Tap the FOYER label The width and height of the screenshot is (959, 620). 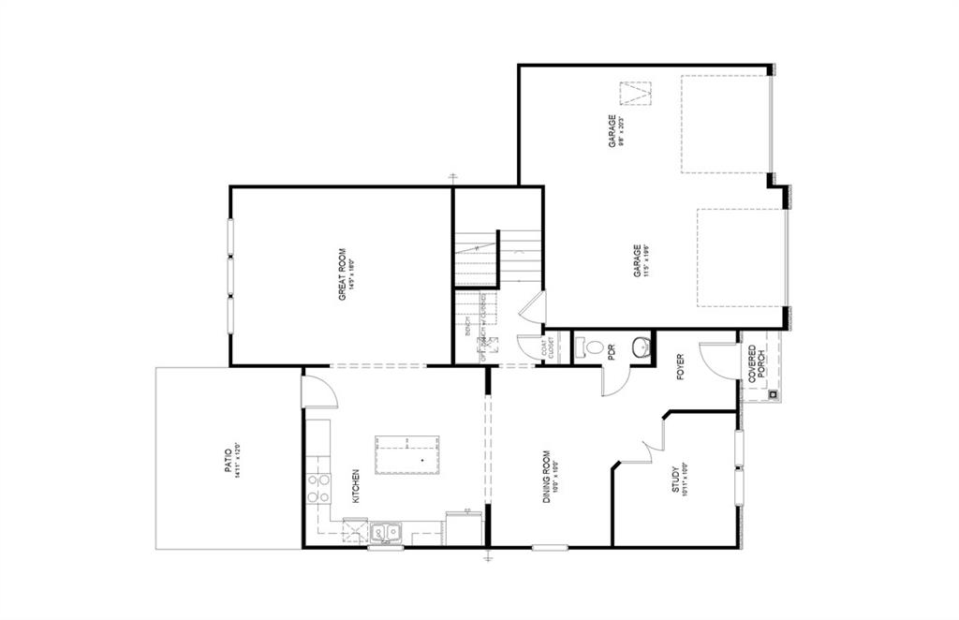(682, 368)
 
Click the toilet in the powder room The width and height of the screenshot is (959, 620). (592, 347)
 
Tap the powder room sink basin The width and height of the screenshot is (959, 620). (642, 349)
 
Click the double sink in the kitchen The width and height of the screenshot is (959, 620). (385, 533)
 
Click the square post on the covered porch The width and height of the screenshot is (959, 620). (773, 394)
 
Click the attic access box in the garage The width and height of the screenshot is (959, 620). (636, 95)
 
